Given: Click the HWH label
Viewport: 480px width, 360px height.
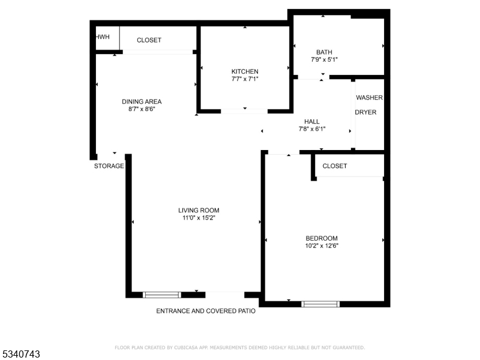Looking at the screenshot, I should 103,37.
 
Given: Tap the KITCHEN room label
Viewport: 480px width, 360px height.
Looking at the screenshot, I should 245,71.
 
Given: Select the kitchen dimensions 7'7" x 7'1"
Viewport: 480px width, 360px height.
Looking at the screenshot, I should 245,79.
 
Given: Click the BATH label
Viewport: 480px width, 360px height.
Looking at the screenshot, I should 324,52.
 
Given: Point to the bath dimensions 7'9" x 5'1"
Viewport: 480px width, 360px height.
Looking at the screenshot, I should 324,60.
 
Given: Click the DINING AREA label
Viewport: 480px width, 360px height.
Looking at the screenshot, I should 142,101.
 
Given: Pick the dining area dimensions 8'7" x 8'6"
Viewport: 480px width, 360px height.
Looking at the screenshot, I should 142,109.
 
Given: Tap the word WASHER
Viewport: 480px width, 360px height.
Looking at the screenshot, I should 369,97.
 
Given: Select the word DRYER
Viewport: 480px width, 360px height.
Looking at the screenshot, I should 365,112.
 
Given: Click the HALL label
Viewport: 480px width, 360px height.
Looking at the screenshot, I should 312,121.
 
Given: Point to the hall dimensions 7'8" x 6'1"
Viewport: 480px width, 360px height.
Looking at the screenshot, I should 312,129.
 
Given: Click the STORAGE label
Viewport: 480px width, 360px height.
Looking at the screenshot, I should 109,166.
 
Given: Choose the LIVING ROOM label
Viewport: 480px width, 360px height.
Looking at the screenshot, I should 199,210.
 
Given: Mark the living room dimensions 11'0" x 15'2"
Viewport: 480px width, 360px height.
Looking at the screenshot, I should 199,218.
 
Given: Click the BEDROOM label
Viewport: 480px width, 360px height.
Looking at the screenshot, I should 322,238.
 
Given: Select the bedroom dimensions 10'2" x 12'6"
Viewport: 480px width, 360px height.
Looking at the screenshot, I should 322,245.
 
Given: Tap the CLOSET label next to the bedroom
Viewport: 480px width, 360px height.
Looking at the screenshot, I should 335,166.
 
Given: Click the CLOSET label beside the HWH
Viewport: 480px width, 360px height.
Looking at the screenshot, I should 149,40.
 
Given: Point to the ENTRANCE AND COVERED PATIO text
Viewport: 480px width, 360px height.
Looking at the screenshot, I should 206,311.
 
